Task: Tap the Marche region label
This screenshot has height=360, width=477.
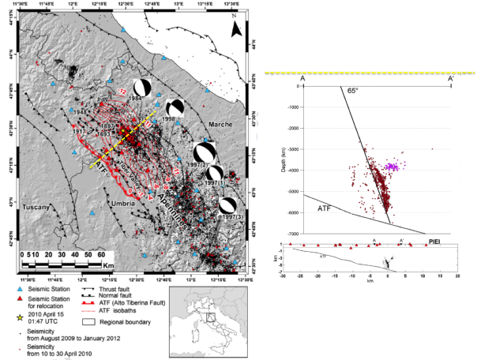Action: pos(220,125)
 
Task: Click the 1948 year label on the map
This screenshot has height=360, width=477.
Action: pos(78,113)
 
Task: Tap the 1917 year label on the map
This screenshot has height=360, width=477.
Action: pos(78,132)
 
